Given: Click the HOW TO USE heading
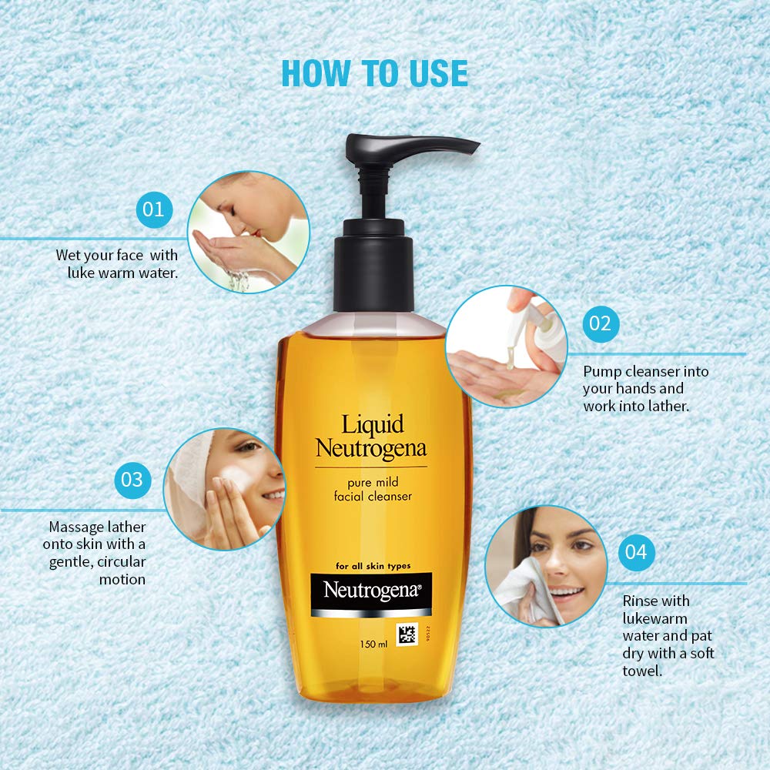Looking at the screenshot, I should coord(374,72).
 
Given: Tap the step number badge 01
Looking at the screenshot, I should coord(154,209).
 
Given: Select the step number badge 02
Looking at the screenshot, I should coord(600,323).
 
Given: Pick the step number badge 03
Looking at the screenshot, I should coord(132,479).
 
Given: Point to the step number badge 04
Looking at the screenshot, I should coord(636,551).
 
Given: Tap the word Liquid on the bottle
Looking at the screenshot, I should coord(373,424).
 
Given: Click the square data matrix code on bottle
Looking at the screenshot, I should coord(407,635).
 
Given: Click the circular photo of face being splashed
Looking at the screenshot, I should coord(248,232).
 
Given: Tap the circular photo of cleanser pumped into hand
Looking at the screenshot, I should coord(506,346).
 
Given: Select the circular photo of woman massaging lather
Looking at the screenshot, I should coord(223,488).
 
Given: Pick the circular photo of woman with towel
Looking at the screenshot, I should coord(546,566).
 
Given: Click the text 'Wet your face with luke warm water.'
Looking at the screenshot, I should coord(117,263).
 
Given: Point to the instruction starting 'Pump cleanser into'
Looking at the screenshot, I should coord(645,388).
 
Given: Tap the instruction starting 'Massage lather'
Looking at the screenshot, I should coord(97,553).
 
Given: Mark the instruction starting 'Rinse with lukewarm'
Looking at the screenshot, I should coord(668,635).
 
